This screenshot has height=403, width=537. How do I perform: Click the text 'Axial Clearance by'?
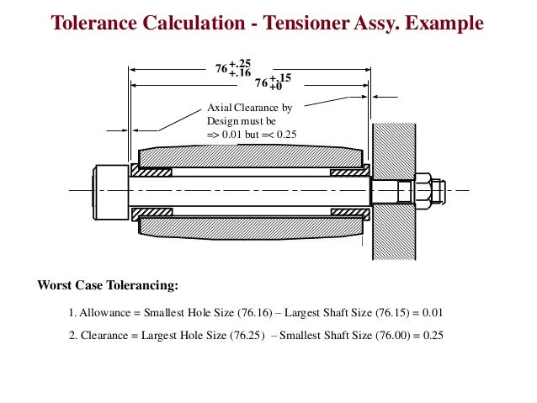click(x=249, y=109)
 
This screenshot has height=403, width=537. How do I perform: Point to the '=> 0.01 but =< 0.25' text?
click(x=252, y=135)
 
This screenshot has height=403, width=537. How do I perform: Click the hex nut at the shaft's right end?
click(x=423, y=190)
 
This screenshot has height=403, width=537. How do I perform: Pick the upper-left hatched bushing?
click(x=151, y=172)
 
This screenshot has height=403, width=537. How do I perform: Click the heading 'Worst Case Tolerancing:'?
click(x=108, y=284)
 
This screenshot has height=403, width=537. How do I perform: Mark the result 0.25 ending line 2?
click(x=432, y=335)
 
